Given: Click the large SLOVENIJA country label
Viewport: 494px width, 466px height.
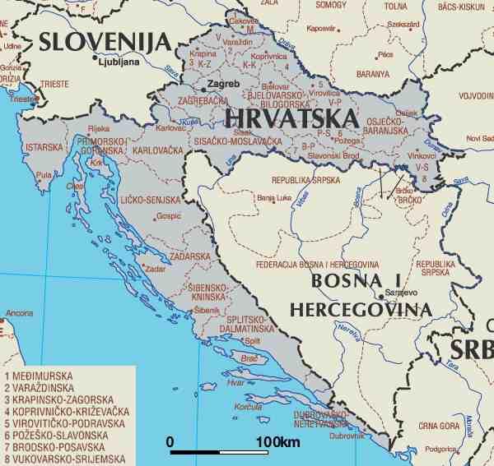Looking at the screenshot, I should tap(105, 41).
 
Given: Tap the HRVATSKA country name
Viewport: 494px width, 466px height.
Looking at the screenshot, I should tap(291, 118).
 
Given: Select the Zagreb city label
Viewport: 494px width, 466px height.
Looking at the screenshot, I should tap(223, 84).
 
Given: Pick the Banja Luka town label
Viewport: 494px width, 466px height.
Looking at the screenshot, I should tap(274, 198).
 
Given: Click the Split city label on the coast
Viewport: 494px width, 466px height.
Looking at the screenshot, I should tap(254, 340).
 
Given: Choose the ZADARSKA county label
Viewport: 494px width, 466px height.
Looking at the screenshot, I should tap(191, 256).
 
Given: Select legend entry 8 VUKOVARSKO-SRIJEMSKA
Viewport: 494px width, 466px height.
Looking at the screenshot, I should tap(64, 459).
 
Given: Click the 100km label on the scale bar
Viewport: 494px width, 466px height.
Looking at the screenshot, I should tap(278, 442).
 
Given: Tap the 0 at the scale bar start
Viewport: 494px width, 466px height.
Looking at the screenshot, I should tap(170, 442).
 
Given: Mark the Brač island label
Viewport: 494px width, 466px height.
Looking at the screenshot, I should tap(249, 358).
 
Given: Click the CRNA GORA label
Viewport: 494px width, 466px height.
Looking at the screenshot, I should tap(438, 426).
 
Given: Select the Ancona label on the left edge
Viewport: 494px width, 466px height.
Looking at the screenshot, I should tap(19, 313).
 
